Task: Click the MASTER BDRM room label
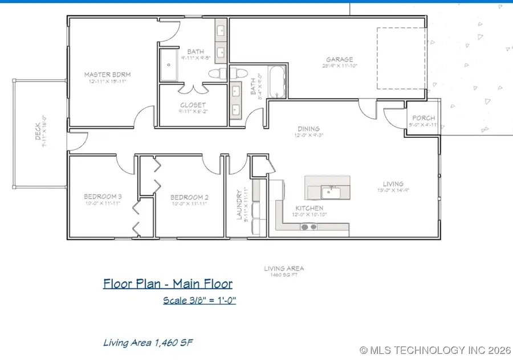pyautogui.click(x=101, y=74)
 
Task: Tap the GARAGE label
pyautogui.click(x=340, y=59)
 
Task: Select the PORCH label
pyautogui.click(x=424, y=118)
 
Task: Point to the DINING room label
pyautogui.click(x=308, y=129)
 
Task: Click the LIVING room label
pyautogui.click(x=393, y=184)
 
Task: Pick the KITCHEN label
pyautogui.click(x=310, y=208)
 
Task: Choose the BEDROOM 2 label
pyautogui.click(x=190, y=198)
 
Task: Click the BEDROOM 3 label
pyautogui.click(x=103, y=198)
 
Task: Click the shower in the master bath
pyautogui.click(x=169, y=65)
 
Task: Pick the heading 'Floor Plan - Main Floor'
pyautogui.click(x=168, y=283)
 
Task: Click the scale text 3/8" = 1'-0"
pyautogui.click(x=199, y=300)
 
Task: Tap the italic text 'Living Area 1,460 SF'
pyautogui.click(x=150, y=342)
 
